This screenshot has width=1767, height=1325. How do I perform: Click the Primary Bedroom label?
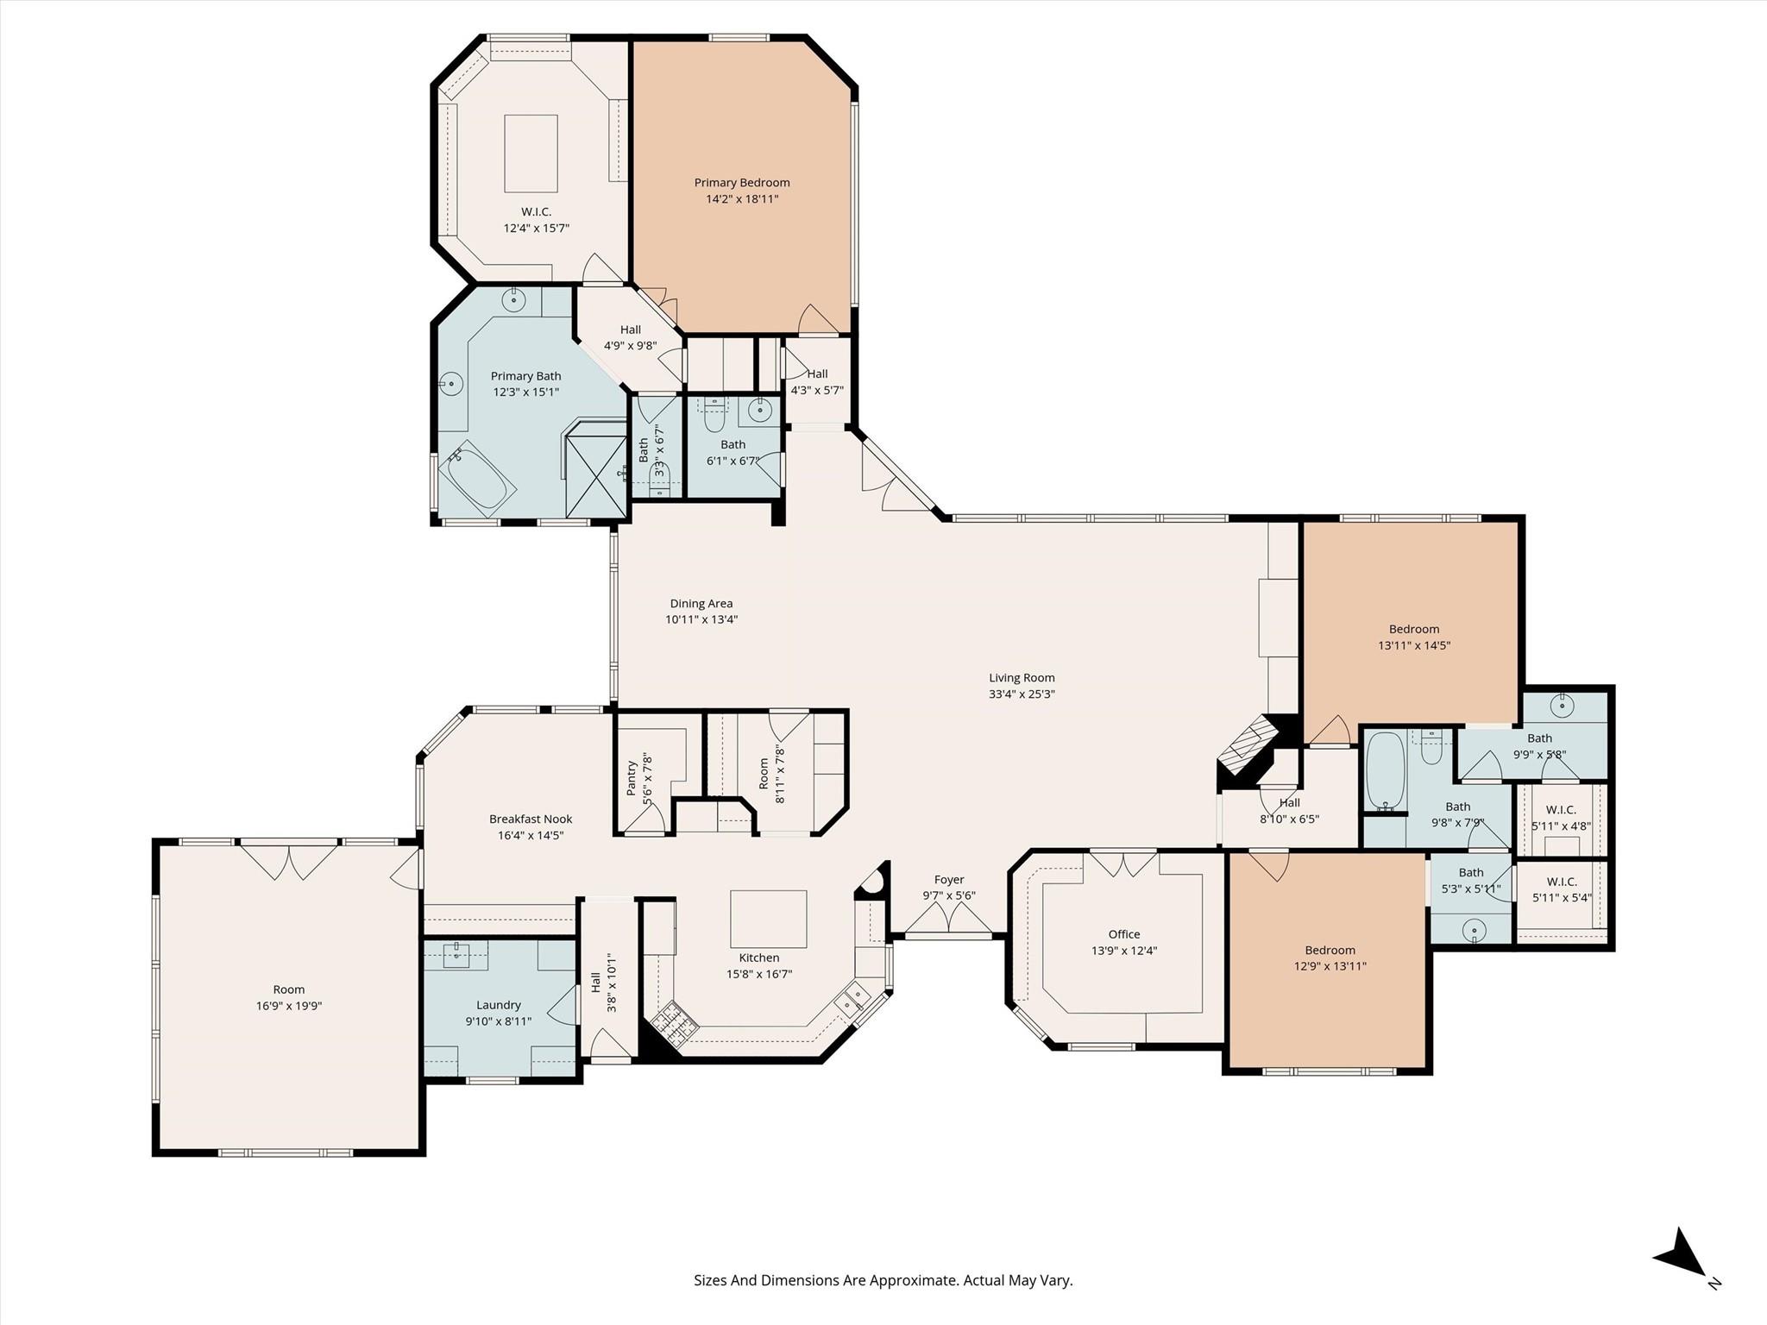pyautogui.click(x=742, y=183)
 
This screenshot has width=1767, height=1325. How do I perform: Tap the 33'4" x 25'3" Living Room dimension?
pyautogui.click(x=1022, y=694)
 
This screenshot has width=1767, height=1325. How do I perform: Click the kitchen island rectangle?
pyautogui.click(x=768, y=919)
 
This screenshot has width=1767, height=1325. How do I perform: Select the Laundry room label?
pyautogui.click(x=499, y=1005)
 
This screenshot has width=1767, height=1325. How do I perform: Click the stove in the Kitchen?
pyautogui.click(x=672, y=1025)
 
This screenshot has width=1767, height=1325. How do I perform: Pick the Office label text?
pyautogui.click(x=1123, y=934)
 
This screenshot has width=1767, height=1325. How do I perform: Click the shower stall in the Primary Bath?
pyautogui.click(x=595, y=474)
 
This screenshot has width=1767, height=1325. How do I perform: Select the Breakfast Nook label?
pyautogui.click(x=531, y=819)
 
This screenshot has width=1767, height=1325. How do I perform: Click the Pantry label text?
pyautogui.click(x=631, y=779)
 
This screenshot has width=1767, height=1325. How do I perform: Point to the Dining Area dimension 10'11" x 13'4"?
pyautogui.click(x=701, y=619)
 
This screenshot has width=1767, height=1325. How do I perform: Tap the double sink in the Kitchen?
pyautogui.click(x=852, y=1000)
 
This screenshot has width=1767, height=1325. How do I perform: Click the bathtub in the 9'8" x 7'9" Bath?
pyautogui.click(x=1386, y=770)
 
